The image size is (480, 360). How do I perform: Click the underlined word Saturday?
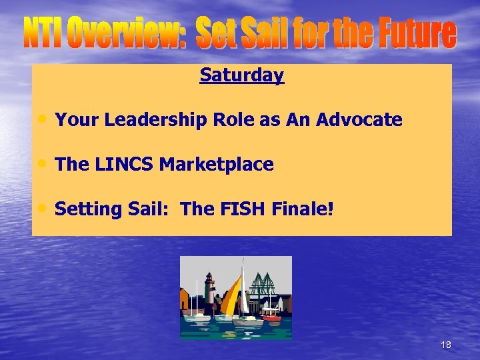click(241, 75)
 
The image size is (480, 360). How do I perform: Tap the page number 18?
click(446, 345)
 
